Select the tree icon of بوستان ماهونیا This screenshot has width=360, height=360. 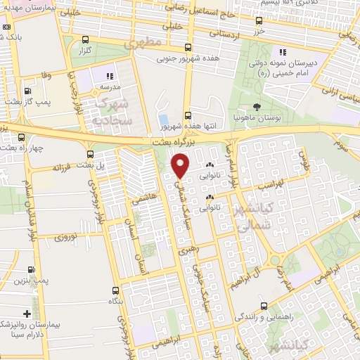tap(256, 107)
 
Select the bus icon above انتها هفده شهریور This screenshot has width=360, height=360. tap(188, 116)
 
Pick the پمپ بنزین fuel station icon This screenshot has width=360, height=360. tap(32, 269)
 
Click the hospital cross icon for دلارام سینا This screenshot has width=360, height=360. tap(27, 314)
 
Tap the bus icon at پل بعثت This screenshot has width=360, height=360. tap(89, 154)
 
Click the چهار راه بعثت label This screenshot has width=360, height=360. tap(20, 148)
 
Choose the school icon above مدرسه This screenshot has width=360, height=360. tap(109, 76)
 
